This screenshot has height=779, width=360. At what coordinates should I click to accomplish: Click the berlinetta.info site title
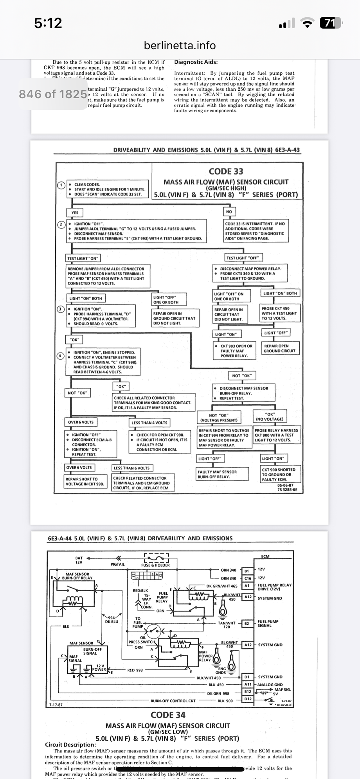click(x=180, y=45)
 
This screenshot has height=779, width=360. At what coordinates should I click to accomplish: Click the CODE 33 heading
click(x=226, y=171)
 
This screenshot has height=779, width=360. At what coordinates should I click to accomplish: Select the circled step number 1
click(x=61, y=185)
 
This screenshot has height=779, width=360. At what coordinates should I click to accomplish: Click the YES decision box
click(x=75, y=212)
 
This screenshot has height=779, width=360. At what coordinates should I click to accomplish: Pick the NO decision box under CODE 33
click(x=229, y=212)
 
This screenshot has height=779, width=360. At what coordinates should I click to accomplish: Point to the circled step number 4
click(x=61, y=356)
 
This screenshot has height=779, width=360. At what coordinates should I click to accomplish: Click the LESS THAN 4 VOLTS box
click(x=149, y=423)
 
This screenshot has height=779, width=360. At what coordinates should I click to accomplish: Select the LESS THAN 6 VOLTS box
click(x=131, y=468)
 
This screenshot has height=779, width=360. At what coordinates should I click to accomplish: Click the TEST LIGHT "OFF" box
click(x=243, y=257)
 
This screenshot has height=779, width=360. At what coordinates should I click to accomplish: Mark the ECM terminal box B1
click(x=247, y=571)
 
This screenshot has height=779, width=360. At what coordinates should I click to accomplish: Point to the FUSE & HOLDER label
click(x=155, y=565)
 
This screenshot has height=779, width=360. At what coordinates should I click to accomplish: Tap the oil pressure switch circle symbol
click(x=153, y=630)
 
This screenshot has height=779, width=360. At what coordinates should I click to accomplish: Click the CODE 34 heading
click(x=168, y=715)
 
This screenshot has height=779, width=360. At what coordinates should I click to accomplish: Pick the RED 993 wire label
click(x=135, y=670)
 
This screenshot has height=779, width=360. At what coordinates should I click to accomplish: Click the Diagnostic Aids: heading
click(x=196, y=62)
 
